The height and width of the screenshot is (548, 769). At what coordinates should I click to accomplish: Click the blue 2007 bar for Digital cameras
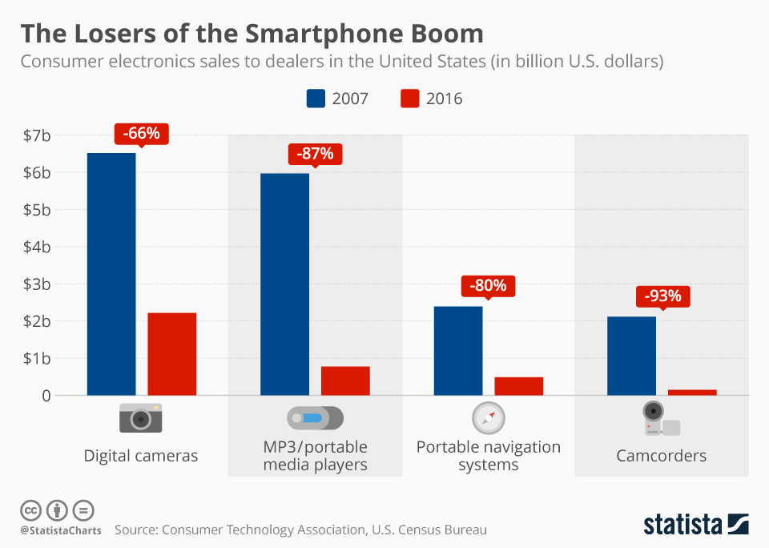111,274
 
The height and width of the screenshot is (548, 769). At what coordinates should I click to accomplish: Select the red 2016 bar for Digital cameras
172,353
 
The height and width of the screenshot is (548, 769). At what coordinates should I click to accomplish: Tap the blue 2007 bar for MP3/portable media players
284,284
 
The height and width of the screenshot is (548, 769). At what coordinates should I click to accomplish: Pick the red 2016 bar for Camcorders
692,392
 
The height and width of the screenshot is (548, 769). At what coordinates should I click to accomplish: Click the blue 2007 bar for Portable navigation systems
457,350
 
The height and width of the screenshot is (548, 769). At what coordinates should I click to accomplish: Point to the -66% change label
142,134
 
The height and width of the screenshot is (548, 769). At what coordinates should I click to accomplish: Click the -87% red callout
315,154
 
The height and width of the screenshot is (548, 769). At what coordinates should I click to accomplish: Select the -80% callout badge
488,286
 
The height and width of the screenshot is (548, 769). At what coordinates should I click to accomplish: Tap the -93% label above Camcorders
662,296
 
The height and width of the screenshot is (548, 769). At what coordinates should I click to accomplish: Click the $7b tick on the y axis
37,135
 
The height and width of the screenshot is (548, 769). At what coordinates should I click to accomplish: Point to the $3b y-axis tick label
37,284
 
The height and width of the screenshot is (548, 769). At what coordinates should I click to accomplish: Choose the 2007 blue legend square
316,99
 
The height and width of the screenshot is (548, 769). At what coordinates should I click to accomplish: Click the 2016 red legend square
409,99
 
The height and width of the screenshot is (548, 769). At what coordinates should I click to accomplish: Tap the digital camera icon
141,418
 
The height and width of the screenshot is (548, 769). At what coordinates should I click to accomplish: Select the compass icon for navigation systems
488,417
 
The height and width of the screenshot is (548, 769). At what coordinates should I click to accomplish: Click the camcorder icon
662,418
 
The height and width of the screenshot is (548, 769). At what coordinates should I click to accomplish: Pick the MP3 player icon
315,418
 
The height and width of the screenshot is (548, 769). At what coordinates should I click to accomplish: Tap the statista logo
696,525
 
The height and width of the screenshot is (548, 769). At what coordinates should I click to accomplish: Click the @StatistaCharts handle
60,530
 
